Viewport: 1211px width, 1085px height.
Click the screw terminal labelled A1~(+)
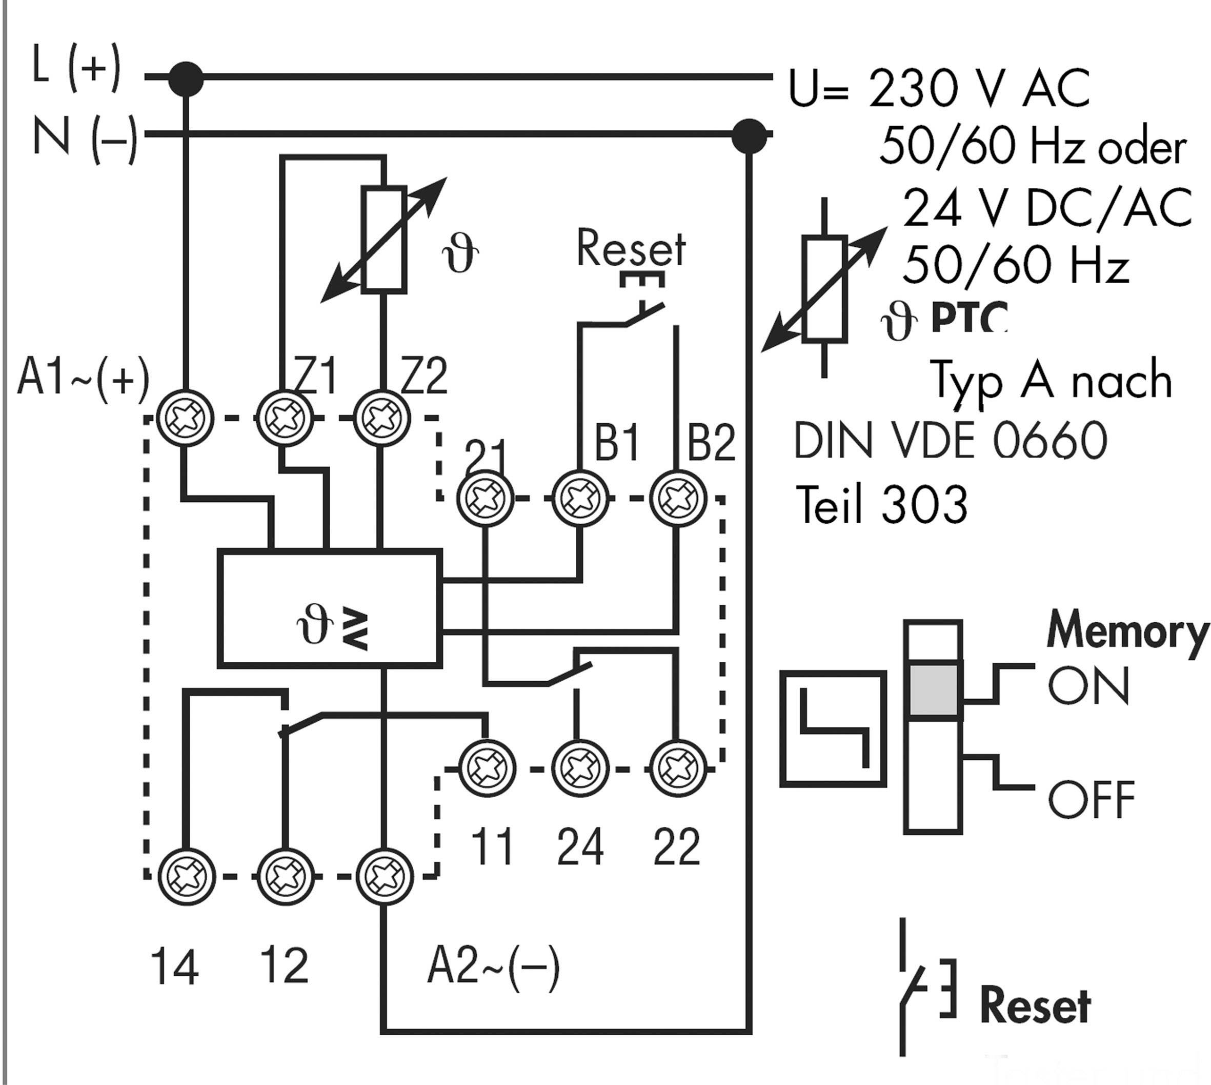coord(185,418)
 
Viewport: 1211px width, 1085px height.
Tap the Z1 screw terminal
coord(284,418)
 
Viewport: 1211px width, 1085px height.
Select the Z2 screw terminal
coord(382,418)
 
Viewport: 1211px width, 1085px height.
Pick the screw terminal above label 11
coord(487,768)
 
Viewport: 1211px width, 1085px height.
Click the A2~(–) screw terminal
coord(384,876)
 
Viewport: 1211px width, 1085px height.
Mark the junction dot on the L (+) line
coord(186,78)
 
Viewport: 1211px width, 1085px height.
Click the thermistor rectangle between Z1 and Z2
coord(384,240)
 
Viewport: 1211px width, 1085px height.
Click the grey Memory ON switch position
coord(933,688)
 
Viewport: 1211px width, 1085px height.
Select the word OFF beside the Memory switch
coord(1091,800)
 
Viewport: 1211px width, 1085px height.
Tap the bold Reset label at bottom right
coord(1035,1005)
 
